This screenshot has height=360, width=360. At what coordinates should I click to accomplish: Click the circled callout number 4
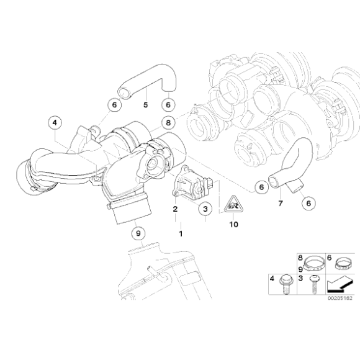[55, 123]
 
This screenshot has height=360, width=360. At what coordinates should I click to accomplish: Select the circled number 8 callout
[168, 123]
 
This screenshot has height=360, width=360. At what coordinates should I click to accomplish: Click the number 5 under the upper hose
[146, 104]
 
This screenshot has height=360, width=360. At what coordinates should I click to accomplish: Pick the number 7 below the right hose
[280, 203]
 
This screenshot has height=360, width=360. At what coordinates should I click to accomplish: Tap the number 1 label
[181, 234]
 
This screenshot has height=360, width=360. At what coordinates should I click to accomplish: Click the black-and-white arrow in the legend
[340, 286]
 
